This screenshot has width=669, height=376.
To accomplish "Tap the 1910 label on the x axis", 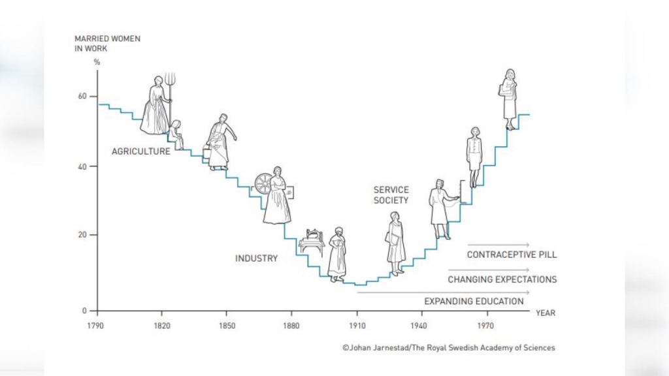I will [357, 324].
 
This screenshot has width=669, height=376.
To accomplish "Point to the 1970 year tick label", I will [485, 324].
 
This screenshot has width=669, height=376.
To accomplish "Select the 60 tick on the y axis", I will [83, 97].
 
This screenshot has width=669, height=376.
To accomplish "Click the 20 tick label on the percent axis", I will [83, 235].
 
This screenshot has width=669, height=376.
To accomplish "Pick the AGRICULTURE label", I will [140, 151].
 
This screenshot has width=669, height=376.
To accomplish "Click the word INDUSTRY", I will [256, 258].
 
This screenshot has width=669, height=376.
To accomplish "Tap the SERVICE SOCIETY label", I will [391, 195].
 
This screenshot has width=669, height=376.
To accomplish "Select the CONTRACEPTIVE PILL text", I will [512, 255].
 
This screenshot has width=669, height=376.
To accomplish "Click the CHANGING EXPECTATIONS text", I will [502, 279].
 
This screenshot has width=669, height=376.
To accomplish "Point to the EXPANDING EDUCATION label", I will [474, 302].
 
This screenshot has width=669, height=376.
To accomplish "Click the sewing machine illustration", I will [312, 242].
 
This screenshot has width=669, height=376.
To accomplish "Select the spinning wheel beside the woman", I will [263, 183].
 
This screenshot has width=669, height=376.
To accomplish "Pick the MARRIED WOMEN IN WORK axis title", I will [107, 44].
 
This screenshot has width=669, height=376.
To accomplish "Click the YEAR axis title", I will [546, 313].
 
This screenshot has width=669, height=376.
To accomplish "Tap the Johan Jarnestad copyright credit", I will [448, 348].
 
